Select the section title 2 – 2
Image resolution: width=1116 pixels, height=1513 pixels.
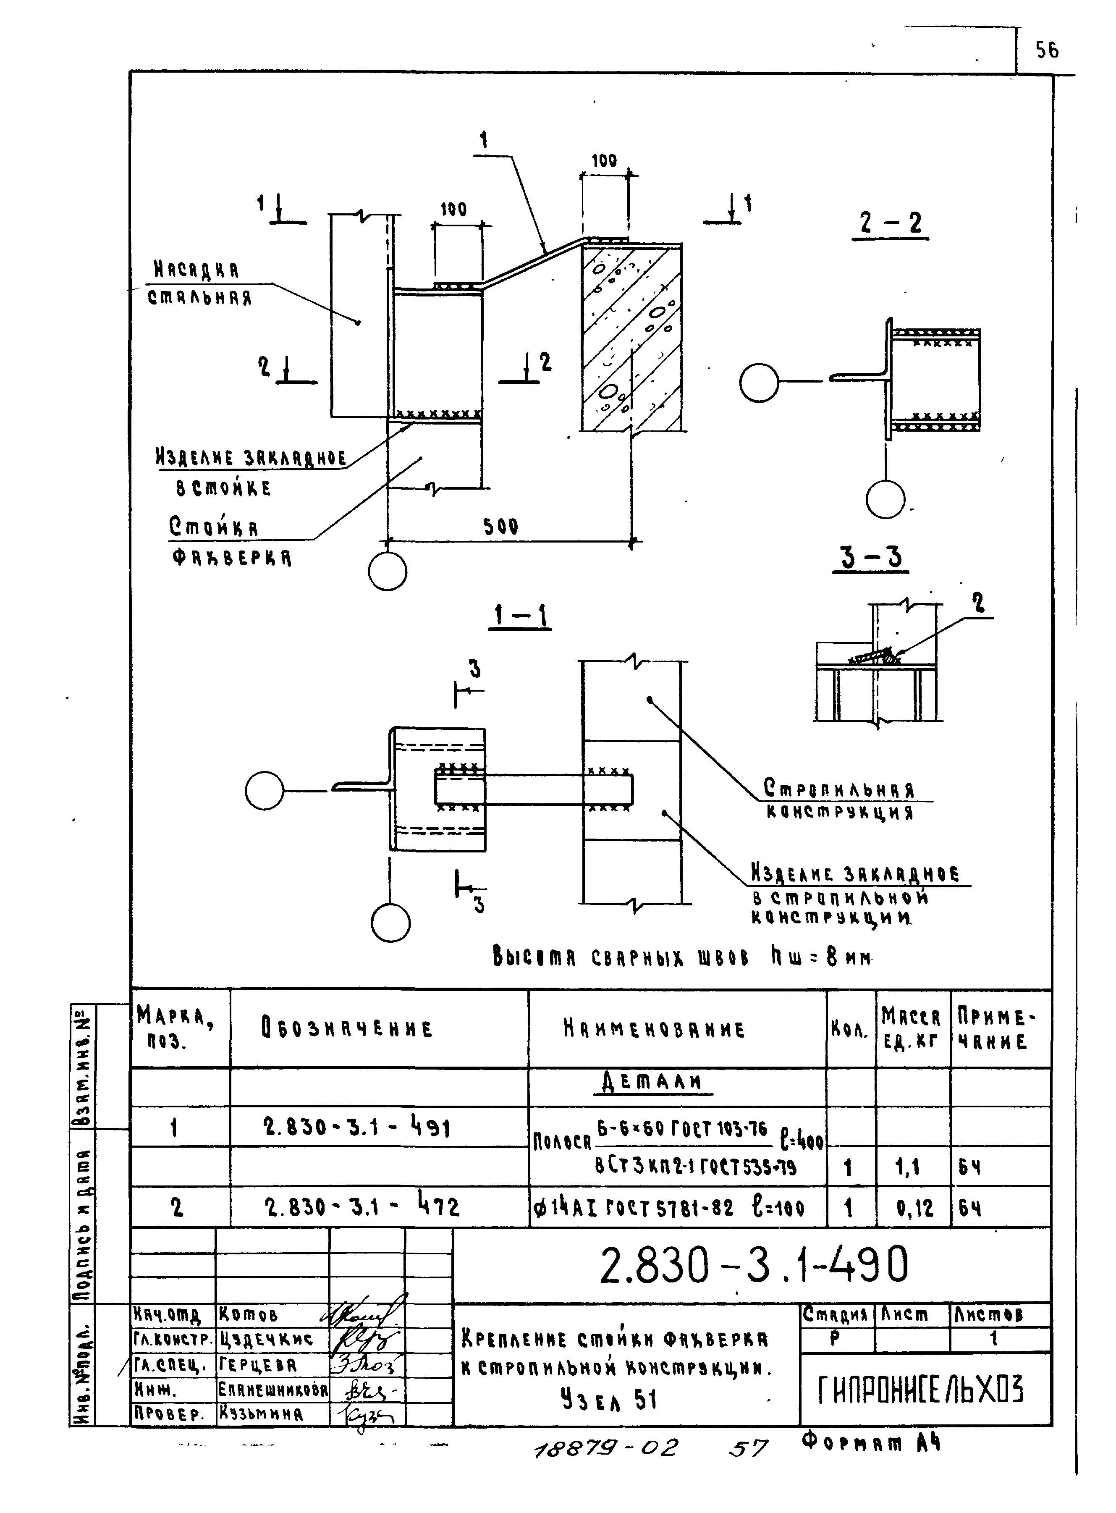pos(891,223)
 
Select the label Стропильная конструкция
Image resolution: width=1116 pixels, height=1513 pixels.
pos(840,800)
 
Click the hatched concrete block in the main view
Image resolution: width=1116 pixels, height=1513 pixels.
pos(631,338)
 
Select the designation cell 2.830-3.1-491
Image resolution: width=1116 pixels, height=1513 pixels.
pos(357,1128)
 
